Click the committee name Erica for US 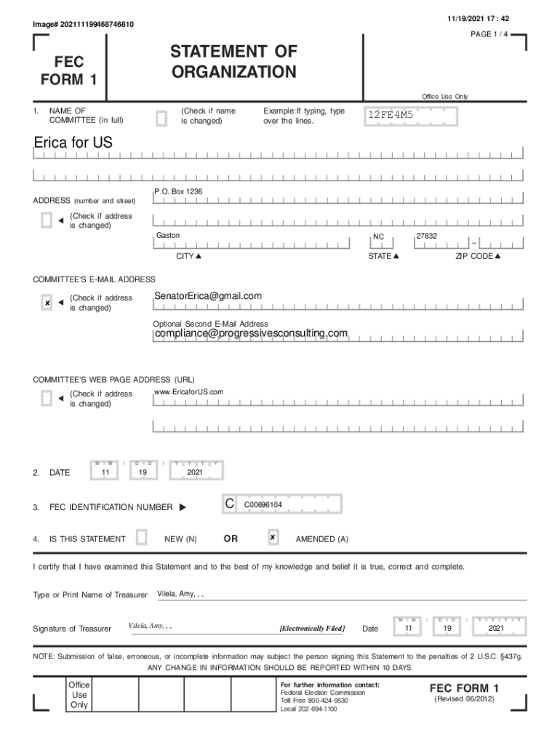(73, 143)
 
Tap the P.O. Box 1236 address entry (179, 191)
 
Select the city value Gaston (168, 236)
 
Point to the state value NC (378, 237)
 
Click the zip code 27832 (426, 236)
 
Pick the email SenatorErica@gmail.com (208, 296)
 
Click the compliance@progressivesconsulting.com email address (251, 333)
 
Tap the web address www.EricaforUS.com (189, 392)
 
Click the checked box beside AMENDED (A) (272, 538)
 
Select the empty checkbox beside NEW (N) (142, 538)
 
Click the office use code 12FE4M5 (390, 115)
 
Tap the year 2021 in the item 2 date (195, 472)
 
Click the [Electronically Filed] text (312, 628)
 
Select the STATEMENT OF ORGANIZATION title (233, 62)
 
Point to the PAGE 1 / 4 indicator (490, 34)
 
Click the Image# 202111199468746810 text (83, 25)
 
